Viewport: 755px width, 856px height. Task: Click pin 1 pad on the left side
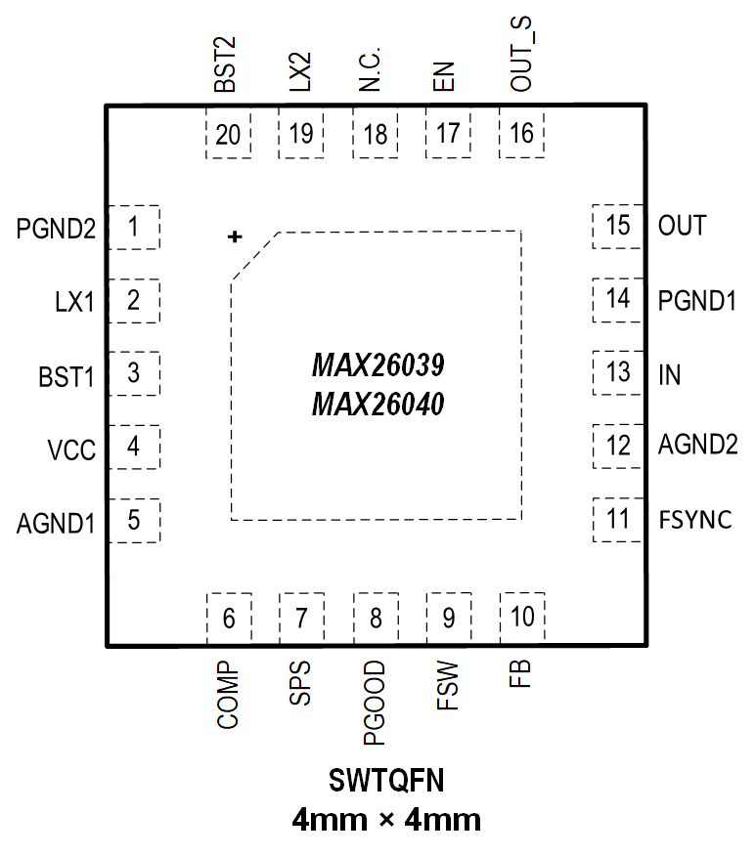tap(133, 228)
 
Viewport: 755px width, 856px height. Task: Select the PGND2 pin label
tap(57, 231)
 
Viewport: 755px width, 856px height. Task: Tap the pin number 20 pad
tap(228, 134)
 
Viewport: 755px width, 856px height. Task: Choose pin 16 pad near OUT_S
tap(522, 134)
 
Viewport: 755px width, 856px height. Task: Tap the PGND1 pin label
tap(696, 300)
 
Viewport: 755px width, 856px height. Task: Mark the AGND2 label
tap(697, 446)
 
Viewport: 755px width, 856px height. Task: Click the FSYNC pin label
tap(695, 520)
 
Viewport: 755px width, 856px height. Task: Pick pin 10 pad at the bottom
tap(522, 617)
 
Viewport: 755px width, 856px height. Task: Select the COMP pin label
tap(227, 697)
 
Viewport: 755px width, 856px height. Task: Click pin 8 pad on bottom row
tap(375, 618)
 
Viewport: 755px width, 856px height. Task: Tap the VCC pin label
tap(71, 450)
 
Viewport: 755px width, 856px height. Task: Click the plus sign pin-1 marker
tap(234, 236)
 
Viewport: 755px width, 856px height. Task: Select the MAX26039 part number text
tap(377, 367)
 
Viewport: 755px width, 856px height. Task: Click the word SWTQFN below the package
tap(387, 781)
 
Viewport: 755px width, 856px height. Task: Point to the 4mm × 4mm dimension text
tap(387, 819)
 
